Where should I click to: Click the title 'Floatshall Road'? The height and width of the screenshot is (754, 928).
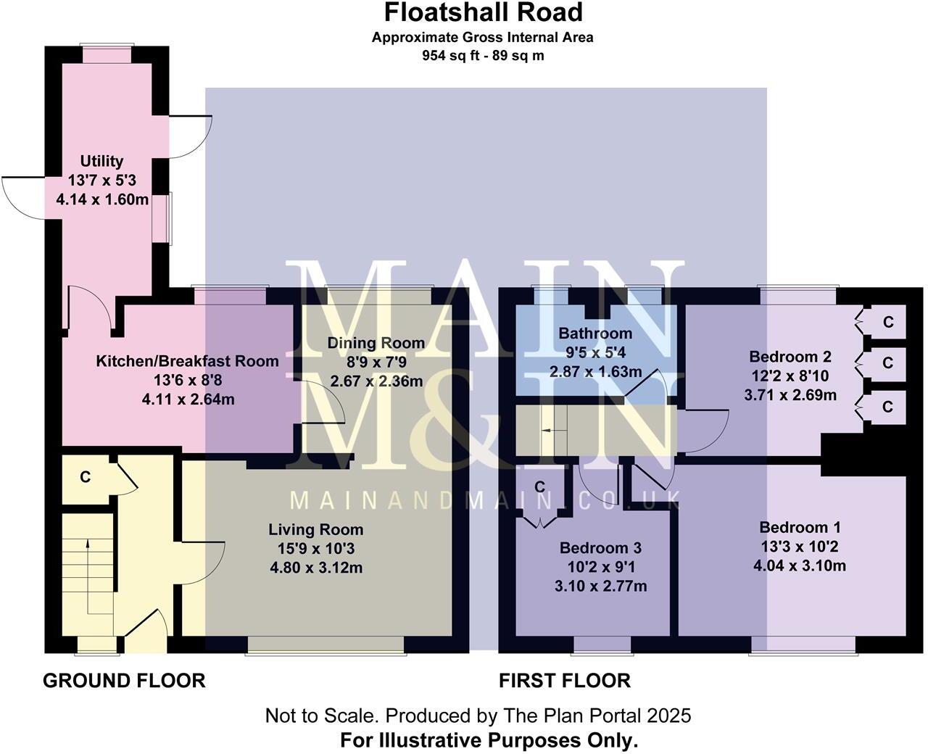point(483,12)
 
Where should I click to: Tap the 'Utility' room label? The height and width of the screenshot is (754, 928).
point(101,161)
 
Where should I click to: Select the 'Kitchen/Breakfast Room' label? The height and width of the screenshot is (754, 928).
point(187,361)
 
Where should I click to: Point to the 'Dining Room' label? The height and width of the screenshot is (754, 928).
point(376,343)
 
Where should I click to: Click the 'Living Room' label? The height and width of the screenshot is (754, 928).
point(315,529)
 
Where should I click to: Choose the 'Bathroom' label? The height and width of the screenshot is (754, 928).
point(595,333)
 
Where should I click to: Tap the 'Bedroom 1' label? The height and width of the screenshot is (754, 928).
point(800,527)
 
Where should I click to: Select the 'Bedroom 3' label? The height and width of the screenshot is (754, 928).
point(600,547)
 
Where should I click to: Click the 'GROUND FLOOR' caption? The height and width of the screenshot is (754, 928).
point(124,681)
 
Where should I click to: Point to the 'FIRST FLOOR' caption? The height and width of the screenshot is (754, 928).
point(564,681)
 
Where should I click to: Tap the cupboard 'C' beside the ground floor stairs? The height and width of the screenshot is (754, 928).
point(85,477)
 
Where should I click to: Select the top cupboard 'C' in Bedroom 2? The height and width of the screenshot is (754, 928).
point(888,322)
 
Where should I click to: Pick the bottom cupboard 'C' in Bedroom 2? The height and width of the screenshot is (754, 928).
point(888,407)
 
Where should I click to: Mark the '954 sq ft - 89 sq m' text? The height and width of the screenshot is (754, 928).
point(483,55)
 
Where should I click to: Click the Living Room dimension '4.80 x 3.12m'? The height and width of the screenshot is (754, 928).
point(315,568)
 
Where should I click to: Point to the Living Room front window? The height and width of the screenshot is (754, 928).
point(325,645)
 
